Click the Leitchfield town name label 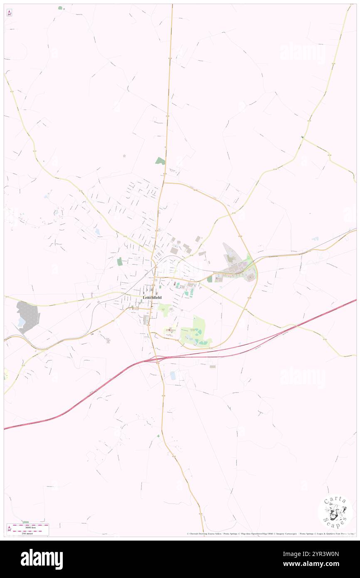[152, 298]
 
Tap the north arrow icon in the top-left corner [9, 13]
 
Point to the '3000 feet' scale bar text [30, 527]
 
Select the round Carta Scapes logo [335, 511]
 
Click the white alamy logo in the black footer [42, 559]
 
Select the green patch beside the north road [160, 161]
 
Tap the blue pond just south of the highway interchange [173, 375]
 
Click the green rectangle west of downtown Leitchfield [120, 262]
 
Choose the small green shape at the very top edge [60, 7]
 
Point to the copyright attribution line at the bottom [270, 534]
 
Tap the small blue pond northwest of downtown [97, 231]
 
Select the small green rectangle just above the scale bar [26, 522]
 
